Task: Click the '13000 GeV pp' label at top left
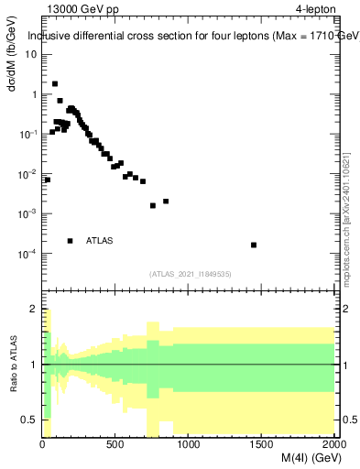pos(83,9)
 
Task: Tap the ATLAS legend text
pos(99,241)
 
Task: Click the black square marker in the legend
pos(70,241)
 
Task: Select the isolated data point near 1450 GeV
pos(254,245)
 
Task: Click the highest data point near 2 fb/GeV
pos(55,83)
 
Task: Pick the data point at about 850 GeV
pos(166,202)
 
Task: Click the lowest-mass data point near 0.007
pos(47,180)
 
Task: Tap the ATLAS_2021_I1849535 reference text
pos(190,273)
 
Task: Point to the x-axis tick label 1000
pos(189,446)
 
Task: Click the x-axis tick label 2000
pos(333,446)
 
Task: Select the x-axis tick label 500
pos(115,446)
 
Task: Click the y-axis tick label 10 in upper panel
pos(31,54)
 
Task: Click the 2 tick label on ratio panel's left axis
pos(33,310)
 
